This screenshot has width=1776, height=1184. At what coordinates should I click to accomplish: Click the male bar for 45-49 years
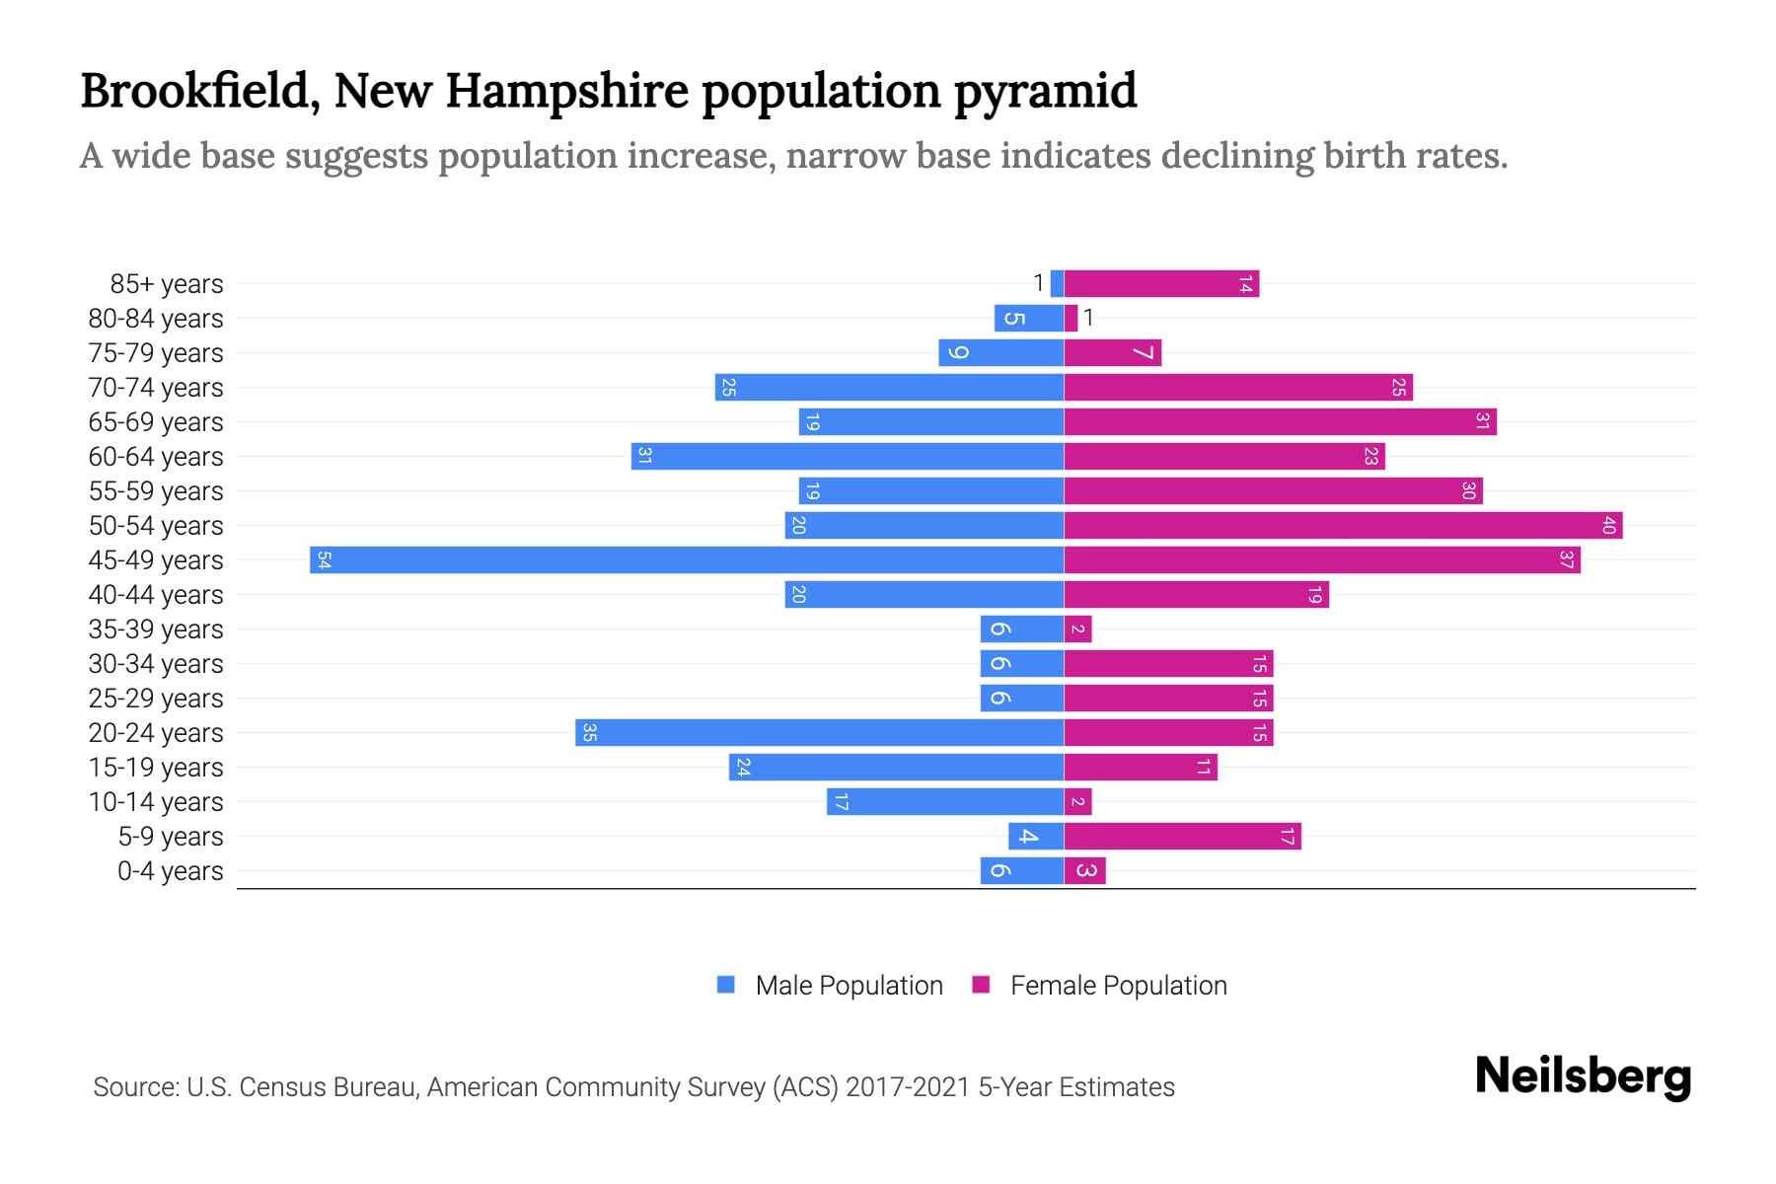[x=687, y=560]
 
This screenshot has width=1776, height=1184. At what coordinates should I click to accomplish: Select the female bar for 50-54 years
[x=1343, y=526]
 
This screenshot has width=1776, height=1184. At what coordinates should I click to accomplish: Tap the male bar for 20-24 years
[x=819, y=733]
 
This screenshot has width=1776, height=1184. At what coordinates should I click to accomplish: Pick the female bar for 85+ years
[x=1161, y=284]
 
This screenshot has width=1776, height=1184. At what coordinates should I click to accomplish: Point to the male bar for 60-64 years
[x=847, y=457]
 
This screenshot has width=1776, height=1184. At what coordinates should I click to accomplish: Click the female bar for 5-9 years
[x=1182, y=837]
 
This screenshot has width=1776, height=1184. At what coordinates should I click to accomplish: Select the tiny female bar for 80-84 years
[x=1071, y=319]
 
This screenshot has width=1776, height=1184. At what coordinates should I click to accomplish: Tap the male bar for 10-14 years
[x=944, y=802]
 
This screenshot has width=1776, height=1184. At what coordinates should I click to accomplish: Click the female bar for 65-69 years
[x=1280, y=422]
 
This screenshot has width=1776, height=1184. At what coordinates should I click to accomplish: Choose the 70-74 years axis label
[x=156, y=388]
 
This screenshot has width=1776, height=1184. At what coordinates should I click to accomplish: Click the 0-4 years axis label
[x=170, y=871]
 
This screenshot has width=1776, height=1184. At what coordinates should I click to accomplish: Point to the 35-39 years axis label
[x=156, y=629]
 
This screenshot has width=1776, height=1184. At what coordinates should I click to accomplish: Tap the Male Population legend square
[x=726, y=985]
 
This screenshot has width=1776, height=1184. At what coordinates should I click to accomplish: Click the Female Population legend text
[x=1118, y=986]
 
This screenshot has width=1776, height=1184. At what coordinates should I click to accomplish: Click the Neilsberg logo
[x=1583, y=1076]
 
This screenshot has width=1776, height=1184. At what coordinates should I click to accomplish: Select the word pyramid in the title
[x=1045, y=91]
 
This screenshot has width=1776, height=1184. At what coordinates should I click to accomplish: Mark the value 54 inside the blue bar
[x=324, y=560]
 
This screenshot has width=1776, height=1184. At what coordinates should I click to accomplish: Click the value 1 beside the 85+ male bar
[x=1038, y=284]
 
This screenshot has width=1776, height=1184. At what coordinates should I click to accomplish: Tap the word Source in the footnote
[x=135, y=1087]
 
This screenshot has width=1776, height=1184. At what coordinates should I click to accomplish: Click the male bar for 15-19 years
[x=896, y=768]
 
